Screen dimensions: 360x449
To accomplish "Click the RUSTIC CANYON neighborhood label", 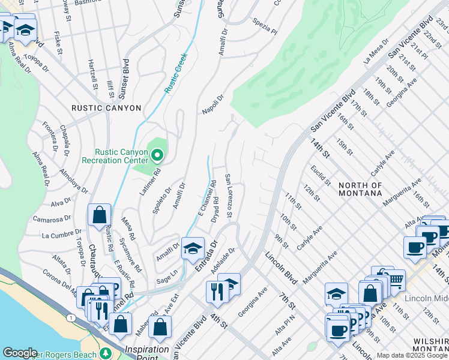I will pyautogui.click(x=106, y=108).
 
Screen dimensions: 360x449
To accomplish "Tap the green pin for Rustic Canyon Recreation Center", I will pyautogui.click(x=157, y=155).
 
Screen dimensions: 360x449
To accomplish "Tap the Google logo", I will pyautogui.click(x=20, y=353).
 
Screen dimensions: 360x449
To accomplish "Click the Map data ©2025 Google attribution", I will pyautogui.click(x=412, y=355).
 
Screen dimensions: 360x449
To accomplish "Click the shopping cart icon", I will pyautogui.click(x=395, y=280).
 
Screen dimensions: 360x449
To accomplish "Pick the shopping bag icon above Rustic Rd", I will pyautogui.click(x=99, y=215).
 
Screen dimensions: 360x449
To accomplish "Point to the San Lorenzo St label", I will pyautogui.click(x=228, y=196).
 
